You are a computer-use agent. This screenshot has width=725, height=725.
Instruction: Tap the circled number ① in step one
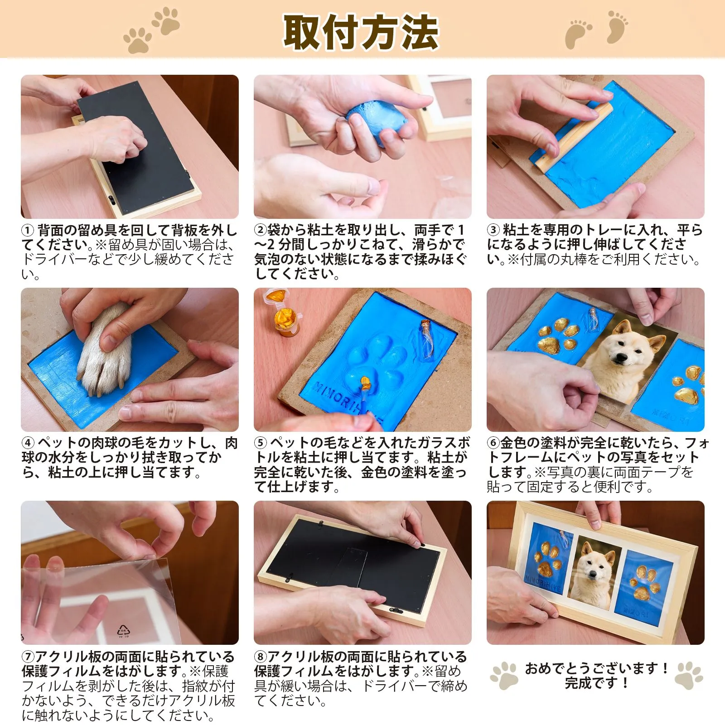coord(28,230)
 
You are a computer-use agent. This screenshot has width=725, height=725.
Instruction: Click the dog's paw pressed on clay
coord(105,349)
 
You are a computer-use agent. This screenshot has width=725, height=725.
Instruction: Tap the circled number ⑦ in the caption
coord(28,657)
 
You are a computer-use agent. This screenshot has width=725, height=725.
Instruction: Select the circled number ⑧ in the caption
coord(260,657)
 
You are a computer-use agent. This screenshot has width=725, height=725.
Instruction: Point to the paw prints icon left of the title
coord(152,29)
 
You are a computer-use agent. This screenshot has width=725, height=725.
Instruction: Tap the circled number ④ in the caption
coord(28,443)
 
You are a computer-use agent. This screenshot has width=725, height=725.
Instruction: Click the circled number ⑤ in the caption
coord(261,443)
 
